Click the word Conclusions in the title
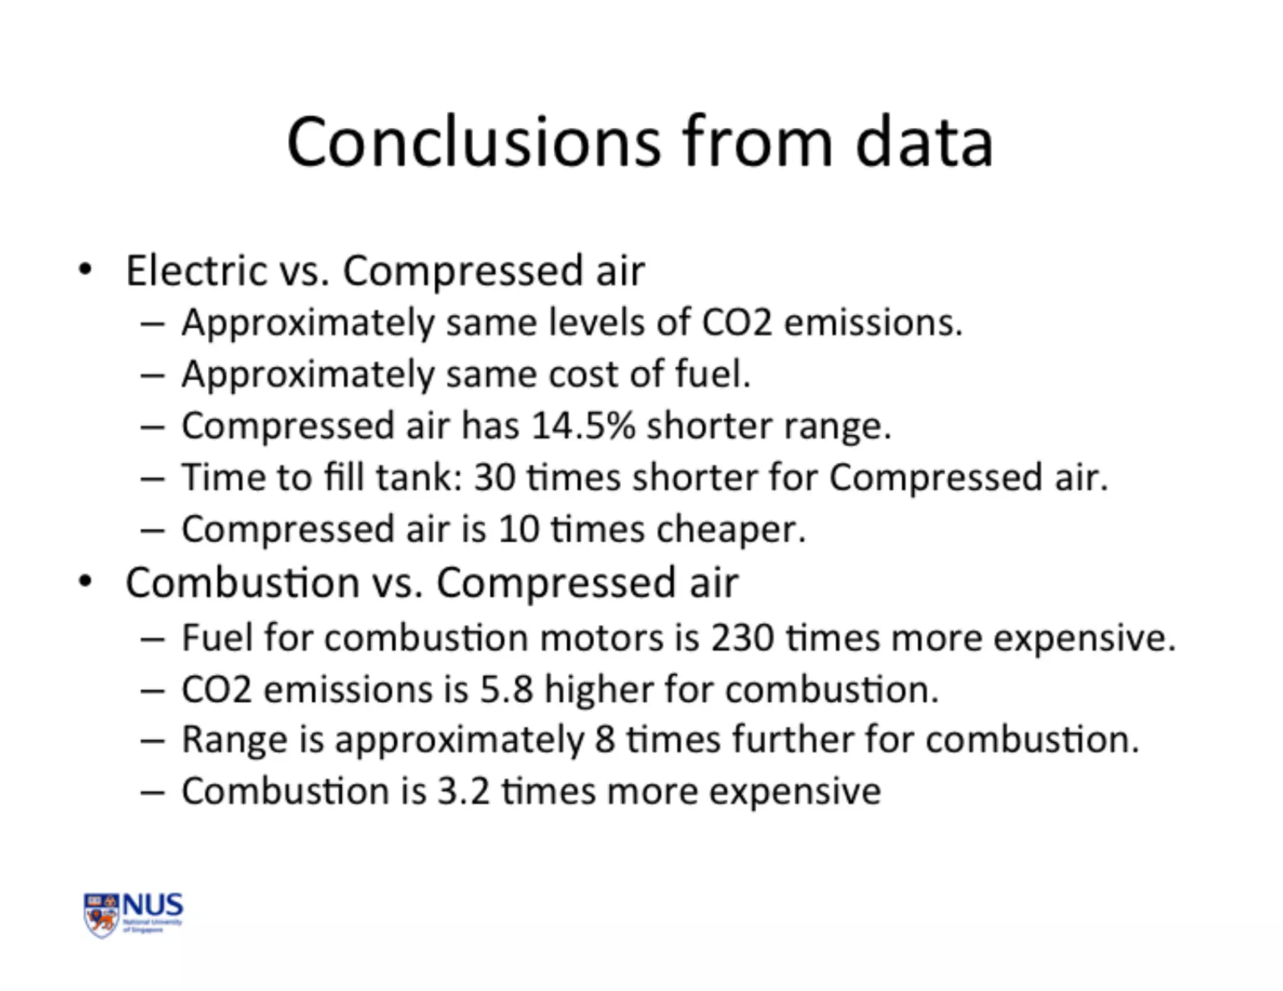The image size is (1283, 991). (x=474, y=143)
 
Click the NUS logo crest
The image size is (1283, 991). (x=101, y=915)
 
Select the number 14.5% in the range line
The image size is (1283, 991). (x=583, y=426)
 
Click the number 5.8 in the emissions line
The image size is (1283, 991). (x=506, y=690)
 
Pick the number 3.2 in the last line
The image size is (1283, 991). (x=463, y=791)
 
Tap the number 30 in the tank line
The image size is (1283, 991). (x=494, y=478)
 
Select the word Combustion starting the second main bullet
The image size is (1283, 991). (x=242, y=583)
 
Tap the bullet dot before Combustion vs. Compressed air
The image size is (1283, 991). (x=85, y=582)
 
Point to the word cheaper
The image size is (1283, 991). (x=730, y=530)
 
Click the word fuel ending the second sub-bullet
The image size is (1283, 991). (x=712, y=375)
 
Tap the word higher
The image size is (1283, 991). (x=599, y=690)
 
